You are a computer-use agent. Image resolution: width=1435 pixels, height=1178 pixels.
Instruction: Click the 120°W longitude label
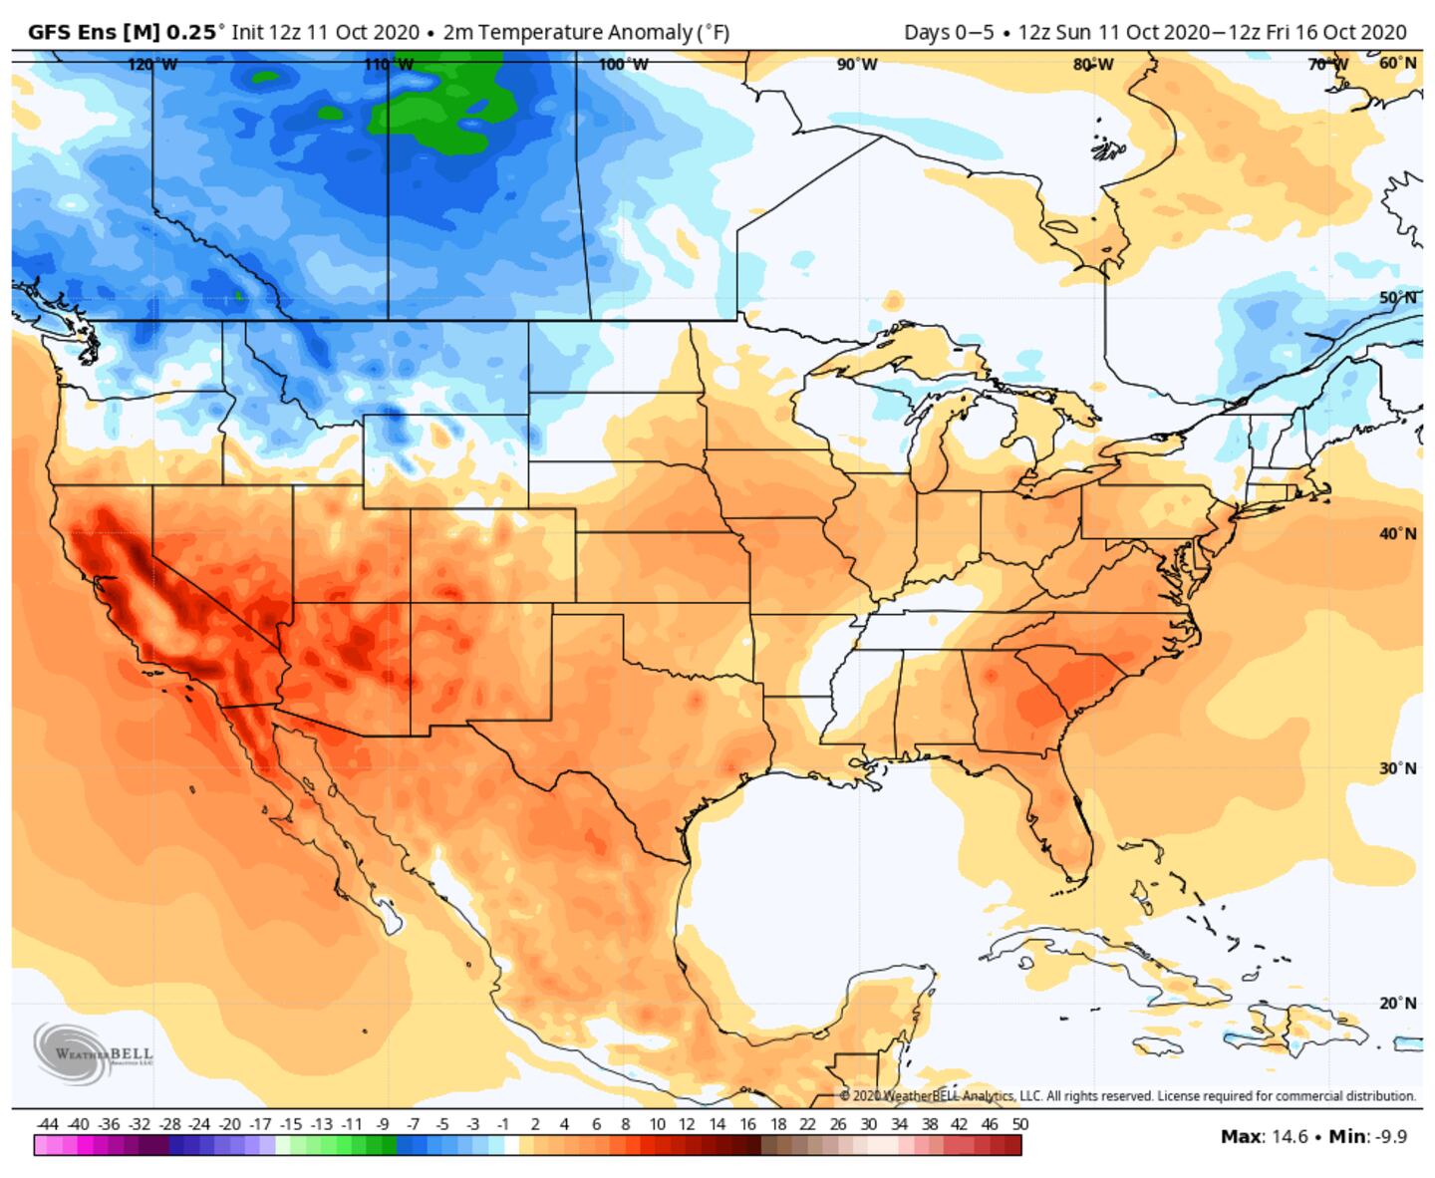[152, 65]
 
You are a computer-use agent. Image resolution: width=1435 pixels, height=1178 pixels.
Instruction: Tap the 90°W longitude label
[857, 65]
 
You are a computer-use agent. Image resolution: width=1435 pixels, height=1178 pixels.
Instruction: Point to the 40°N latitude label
[1397, 533]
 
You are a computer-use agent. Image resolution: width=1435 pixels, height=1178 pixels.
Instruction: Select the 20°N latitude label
[1397, 1003]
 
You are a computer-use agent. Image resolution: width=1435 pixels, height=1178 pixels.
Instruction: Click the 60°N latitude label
[1397, 63]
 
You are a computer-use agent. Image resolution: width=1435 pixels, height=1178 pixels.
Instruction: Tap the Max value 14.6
[1289, 1136]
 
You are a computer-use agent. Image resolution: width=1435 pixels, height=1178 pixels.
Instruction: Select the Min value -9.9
[1387, 1136]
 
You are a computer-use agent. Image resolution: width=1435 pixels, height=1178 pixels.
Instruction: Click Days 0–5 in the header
[949, 32]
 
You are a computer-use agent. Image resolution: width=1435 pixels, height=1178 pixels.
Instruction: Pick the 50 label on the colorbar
[1019, 1124]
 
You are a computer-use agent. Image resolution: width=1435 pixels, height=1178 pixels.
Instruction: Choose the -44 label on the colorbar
[47, 1124]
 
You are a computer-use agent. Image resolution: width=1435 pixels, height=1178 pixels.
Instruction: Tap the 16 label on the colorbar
[747, 1124]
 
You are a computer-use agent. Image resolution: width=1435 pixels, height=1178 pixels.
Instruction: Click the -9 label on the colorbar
[383, 1124]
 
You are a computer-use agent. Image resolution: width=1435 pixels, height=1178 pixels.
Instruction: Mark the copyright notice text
[1127, 1095]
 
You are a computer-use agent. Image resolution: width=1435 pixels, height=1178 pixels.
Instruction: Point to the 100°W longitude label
[623, 65]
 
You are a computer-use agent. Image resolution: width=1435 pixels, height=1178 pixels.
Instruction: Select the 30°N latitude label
[1397, 768]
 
